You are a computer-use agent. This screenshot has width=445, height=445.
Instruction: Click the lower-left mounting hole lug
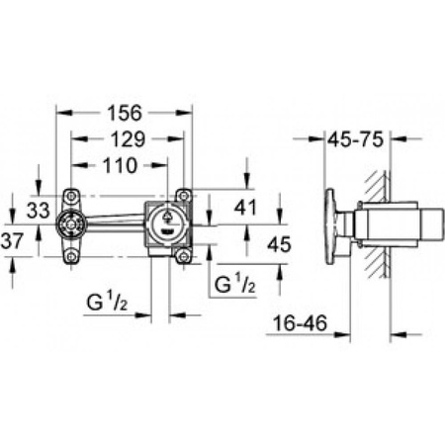point(72,258)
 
